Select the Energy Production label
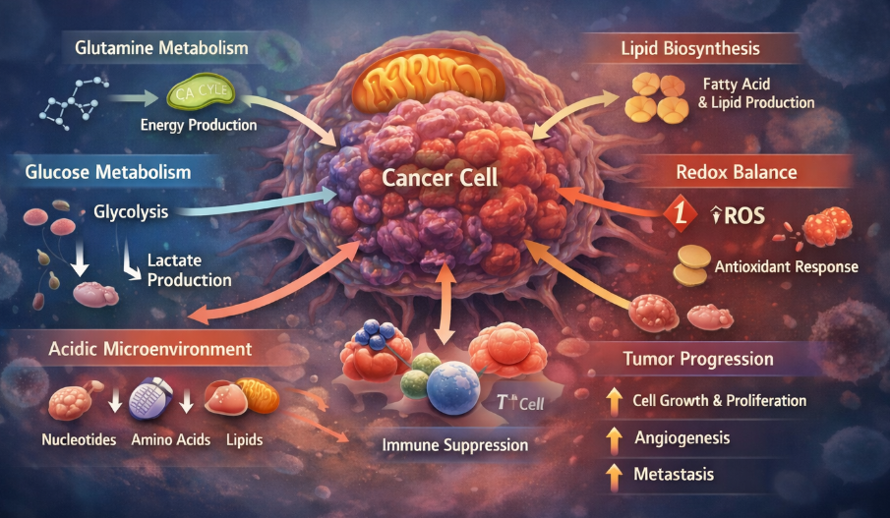[199, 125]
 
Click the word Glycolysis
[131, 211]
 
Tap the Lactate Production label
[190, 270]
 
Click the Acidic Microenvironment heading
[148, 349]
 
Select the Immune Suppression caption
[454, 445]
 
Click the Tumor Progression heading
[698, 359]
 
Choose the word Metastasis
[675, 475]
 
